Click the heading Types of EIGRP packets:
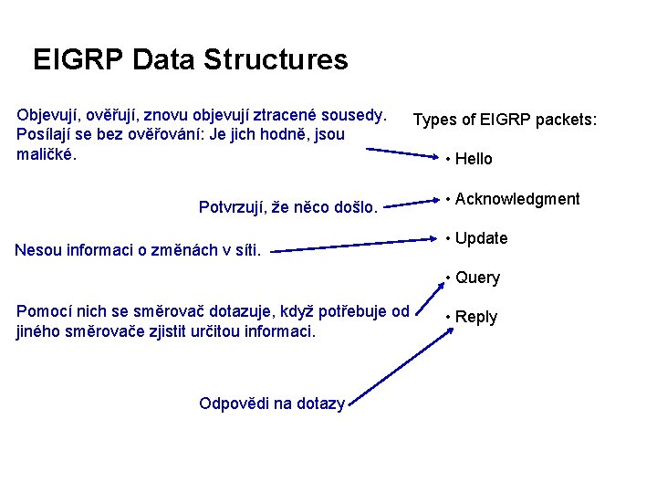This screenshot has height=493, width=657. tap(505, 120)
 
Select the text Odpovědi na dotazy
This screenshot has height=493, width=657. tap(271, 404)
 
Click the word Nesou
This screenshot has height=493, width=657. tap(39, 248)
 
